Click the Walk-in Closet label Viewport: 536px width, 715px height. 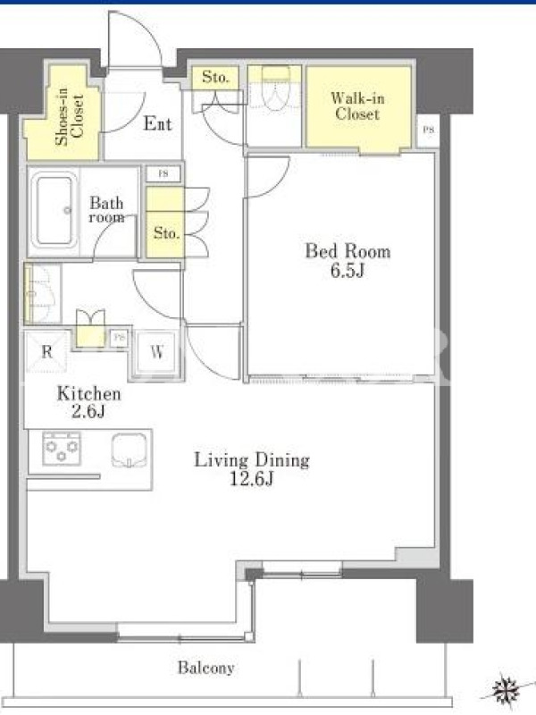point(357,105)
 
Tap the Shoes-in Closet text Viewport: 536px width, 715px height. point(70,116)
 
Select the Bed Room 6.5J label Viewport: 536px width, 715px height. point(348,260)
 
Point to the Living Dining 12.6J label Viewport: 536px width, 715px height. point(252,468)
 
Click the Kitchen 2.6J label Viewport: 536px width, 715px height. point(88,402)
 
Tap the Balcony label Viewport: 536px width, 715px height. point(206,668)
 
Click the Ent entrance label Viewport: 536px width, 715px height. point(158,123)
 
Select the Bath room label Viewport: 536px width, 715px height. point(106,209)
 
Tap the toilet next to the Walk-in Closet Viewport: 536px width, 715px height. point(275,88)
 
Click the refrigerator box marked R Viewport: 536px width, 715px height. point(46,351)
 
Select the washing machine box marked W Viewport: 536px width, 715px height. point(157,352)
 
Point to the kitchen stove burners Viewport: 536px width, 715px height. point(62,449)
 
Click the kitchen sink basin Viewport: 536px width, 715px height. point(130,450)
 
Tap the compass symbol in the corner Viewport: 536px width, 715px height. point(507,689)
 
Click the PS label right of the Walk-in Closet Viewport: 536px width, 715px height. point(428,130)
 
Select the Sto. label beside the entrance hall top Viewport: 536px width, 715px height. point(215,77)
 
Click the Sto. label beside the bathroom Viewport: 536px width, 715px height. point(166,233)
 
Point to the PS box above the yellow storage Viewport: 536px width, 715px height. point(163,173)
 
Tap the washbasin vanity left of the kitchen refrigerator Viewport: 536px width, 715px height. point(42,294)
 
